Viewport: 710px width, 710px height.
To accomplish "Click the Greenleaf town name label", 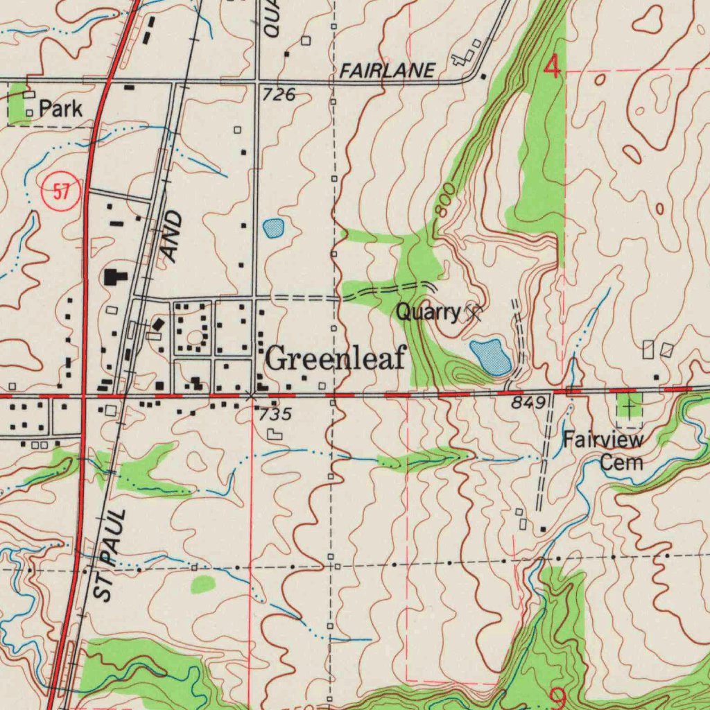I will coord(335,359).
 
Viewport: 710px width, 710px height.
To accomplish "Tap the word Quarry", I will coord(427,313).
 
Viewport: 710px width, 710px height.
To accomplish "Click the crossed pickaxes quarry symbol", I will coord(474,313).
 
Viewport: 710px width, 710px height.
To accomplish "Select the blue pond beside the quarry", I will coord(492,357).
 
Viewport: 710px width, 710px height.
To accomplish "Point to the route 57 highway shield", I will coord(62,192).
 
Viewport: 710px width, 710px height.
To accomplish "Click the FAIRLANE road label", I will coord(388,70).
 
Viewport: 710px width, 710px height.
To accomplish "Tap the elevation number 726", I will coord(279,95).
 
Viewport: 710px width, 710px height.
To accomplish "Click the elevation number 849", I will coord(529,403).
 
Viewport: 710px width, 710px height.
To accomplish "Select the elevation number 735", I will coord(273,415).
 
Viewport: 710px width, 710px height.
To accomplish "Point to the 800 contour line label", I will coord(445,200).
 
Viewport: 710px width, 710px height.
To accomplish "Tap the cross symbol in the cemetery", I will coord(628,406).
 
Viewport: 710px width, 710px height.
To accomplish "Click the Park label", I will coord(60,109).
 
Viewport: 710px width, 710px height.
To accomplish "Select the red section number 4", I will coord(552,68).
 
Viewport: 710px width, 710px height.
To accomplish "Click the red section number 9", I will coord(557,697).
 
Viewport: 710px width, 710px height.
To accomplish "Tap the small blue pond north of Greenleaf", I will coord(273,227).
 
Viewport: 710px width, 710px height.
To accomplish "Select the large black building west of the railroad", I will coord(114,278).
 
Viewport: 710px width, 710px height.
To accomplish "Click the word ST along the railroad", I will coord(102,587).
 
